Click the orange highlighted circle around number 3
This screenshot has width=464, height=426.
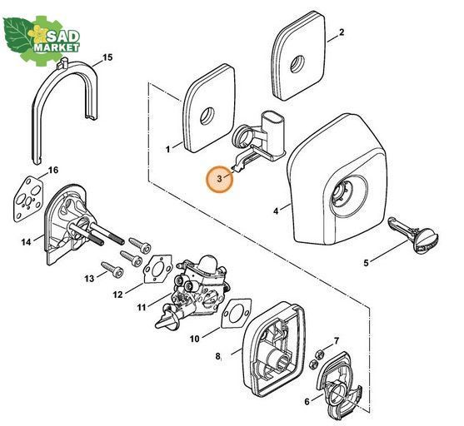point(220,179)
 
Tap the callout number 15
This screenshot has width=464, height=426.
point(107,57)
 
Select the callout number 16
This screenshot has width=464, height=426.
point(53,171)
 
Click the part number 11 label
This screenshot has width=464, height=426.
point(142,308)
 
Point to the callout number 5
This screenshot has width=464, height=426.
point(366,263)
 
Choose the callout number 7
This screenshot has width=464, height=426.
point(337,341)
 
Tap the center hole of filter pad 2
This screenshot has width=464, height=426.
point(297,64)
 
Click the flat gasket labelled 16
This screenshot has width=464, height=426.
point(28,199)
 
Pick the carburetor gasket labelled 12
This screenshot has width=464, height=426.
point(157,270)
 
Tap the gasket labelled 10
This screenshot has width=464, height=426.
point(236,314)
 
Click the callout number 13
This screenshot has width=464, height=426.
point(89,279)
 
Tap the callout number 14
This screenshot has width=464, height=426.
point(26,242)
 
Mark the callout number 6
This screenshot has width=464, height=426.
point(307,402)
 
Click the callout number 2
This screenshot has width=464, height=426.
point(342,32)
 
